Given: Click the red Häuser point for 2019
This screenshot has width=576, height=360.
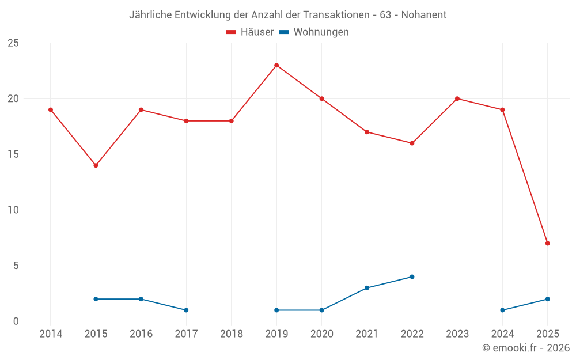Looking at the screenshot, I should coord(276,65).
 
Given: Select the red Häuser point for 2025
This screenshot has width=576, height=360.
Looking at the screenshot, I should coord(547,243).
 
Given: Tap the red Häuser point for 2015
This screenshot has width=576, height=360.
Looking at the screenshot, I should coord(96,165).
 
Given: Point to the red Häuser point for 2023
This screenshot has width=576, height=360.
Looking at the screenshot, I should coord(457,98).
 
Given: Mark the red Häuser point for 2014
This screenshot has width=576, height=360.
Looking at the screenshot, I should coord(51,109).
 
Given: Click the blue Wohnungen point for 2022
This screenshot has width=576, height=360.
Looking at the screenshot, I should coord(412,276).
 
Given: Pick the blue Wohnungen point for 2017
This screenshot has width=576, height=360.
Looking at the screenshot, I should coord(186,310).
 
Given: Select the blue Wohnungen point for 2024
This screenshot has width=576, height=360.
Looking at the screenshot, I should coord(502,310).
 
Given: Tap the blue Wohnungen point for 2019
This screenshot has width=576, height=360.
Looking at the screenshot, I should coord(276,310).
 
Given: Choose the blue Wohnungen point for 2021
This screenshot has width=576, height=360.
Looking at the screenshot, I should coord(367,288).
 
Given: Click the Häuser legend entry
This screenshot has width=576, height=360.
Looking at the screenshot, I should coord(250,32).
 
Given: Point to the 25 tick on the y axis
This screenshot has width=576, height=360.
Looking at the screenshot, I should coord(13,43).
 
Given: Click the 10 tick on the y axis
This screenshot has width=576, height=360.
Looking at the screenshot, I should coord(13,210).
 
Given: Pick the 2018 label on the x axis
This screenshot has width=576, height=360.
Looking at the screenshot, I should coord(232,334).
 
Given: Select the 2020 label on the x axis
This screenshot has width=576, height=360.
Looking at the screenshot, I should coord(321,334).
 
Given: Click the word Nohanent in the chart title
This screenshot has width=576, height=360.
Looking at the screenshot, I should coord(423,15).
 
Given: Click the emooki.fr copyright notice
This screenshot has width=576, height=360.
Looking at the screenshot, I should coord(525,348).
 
